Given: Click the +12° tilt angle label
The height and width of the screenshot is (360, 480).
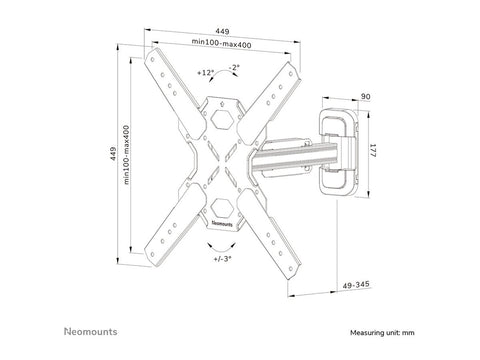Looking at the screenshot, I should (206, 73).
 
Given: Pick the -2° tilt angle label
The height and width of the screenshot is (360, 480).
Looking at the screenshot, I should (233, 67).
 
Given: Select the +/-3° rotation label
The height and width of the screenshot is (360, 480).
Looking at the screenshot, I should (222, 258).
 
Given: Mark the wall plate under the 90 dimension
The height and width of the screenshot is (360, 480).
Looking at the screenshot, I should (339, 151).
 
